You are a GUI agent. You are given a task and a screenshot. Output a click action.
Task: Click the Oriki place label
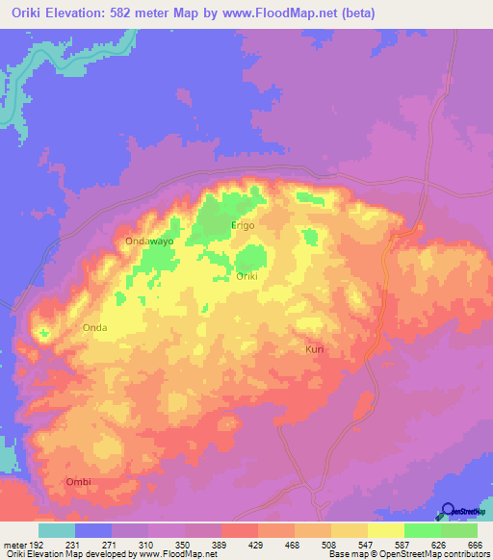(x=246, y=276)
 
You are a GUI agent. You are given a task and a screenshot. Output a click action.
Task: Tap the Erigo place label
(x=243, y=225)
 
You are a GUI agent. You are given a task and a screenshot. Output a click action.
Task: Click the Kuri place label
(x=315, y=349)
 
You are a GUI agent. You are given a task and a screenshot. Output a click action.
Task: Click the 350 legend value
(x=183, y=545)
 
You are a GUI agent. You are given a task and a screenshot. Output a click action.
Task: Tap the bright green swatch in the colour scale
(x=423, y=530)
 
